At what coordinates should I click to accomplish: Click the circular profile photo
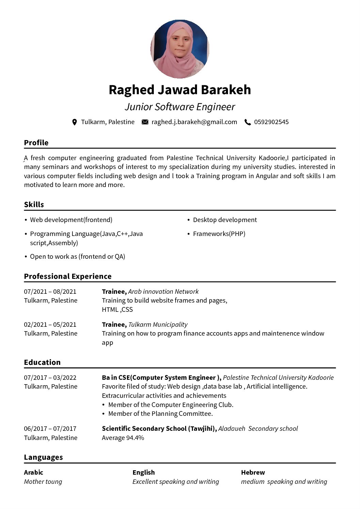click(180, 49)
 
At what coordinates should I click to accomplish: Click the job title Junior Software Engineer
click(180, 107)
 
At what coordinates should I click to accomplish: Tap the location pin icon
click(75, 122)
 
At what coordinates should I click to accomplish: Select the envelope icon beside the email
click(145, 122)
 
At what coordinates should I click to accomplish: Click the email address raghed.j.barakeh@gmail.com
click(194, 122)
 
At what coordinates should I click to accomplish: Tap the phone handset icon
click(248, 122)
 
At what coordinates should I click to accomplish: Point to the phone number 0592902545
click(271, 122)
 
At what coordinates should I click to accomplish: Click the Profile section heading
click(36, 143)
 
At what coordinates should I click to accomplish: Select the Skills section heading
click(34, 205)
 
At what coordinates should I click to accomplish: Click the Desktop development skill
click(225, 220)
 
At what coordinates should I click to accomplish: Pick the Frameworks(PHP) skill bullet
click(219, 234)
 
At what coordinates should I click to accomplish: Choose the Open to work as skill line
click(78, 257)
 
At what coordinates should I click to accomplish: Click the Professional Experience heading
click(68, 276)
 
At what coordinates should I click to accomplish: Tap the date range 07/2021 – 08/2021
click(50, 292)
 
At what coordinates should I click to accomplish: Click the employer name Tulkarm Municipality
click(158, 325)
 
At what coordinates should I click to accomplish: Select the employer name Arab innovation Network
click(163, 292)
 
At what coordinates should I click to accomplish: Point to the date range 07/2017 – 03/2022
click(50, 378)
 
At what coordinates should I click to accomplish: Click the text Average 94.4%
click(123, 438)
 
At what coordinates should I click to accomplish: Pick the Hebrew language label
click(253, 473)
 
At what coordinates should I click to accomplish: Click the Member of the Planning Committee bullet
click(160, 414)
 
